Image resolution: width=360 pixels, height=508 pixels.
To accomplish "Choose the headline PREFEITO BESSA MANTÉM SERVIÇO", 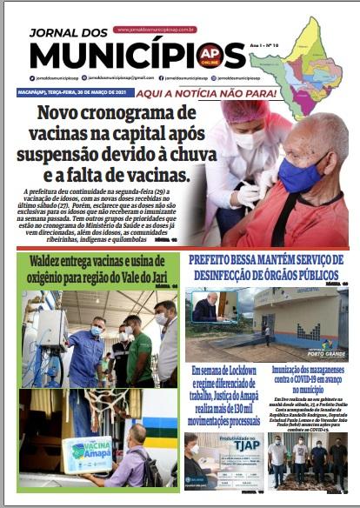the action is [268, 258].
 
